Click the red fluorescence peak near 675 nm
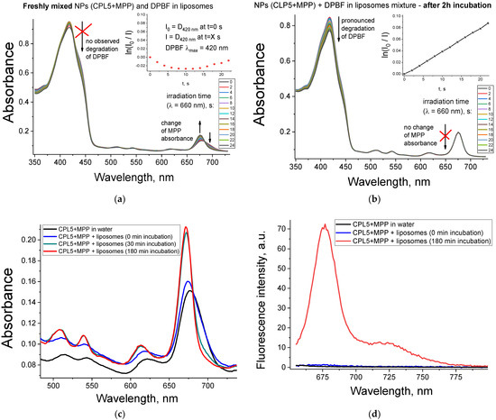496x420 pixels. [x=324, y=225]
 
